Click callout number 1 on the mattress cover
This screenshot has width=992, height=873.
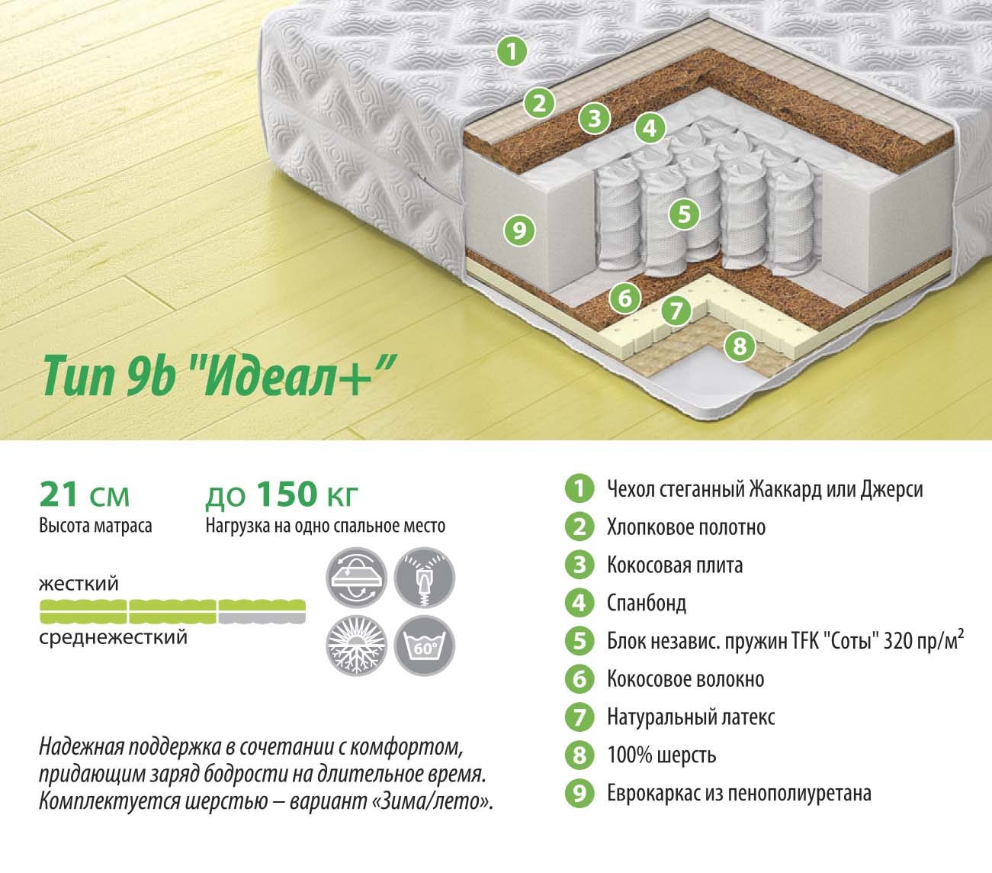pos(512,51)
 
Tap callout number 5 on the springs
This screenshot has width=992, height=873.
pos(684,214)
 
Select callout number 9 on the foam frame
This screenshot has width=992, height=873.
pos(519,230)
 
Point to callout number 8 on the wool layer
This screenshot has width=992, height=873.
pos(740,346)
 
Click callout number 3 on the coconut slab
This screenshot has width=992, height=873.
pos(595,118)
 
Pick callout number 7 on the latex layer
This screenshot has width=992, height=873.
pos(676,311)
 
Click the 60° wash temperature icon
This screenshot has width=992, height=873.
pos(425,646)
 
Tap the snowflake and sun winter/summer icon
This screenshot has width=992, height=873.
pos(356,646)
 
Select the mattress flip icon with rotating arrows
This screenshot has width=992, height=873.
pos(356,578)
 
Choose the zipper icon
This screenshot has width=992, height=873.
pos(425,578)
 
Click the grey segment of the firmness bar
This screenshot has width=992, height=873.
pos(262,611)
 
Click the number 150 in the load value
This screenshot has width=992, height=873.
pos(287,494)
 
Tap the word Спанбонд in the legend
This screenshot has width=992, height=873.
pos(647,603)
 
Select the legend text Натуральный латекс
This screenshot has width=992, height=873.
pos(691,717)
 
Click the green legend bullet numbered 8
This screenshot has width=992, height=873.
pos(579,755)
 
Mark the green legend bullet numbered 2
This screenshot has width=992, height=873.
pos(579,527)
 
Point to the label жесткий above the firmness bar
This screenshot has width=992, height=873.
pos(79,584)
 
